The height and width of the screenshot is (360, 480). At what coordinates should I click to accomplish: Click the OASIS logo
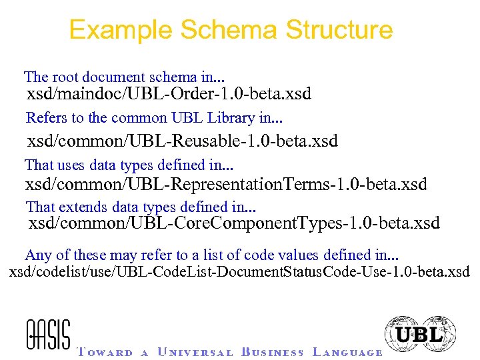(48, 334)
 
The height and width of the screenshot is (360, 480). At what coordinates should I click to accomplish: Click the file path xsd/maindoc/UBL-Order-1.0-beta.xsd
(169, 94)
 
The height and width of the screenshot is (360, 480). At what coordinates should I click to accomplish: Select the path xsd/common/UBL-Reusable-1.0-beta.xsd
(182, 141)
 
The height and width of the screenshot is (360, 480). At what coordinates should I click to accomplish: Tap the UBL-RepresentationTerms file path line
(226, 184)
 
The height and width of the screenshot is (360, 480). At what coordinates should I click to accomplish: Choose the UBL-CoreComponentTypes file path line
(234, 223)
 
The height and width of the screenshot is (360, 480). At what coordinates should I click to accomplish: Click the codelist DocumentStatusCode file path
(239, 272)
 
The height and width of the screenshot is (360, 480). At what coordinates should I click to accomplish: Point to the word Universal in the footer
(195, 352)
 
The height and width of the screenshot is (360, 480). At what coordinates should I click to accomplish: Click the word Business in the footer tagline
(273, 352)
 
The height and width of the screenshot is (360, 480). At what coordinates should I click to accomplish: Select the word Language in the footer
(347, 352)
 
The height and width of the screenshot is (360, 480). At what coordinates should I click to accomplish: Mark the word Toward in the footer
(105, 352)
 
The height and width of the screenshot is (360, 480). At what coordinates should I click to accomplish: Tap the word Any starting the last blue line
(37, 255)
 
